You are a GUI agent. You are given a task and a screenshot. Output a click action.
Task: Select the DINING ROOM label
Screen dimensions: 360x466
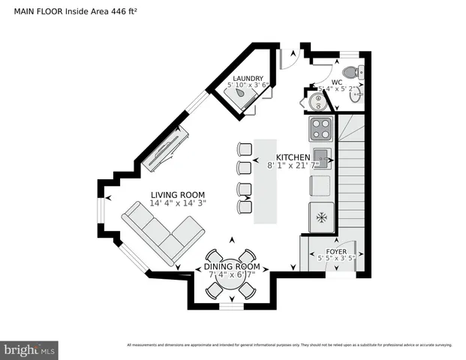click(232, 266)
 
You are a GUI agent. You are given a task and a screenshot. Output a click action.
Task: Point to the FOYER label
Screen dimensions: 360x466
click(335, 252)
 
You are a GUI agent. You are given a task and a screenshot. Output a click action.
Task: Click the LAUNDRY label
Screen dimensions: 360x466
click(248, 78)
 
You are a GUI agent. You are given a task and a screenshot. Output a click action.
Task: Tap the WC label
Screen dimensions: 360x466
click(337, 81)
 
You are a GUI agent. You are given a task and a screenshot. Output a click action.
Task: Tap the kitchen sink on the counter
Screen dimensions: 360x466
click(321, 157)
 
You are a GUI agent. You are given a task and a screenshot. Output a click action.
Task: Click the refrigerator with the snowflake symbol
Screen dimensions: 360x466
click(321, 217)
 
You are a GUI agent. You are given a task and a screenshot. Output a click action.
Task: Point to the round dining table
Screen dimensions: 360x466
click(231, 276)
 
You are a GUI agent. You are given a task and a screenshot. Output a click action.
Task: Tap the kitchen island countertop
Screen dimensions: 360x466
click(264, 180)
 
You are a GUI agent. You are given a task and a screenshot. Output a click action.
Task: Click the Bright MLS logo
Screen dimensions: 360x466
click(30, 349)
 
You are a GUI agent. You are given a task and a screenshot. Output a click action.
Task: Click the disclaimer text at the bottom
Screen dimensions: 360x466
click(289, 345)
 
